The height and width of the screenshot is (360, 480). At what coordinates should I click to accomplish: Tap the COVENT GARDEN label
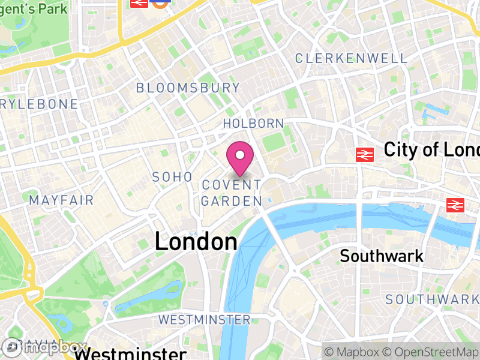(x=232, y=193)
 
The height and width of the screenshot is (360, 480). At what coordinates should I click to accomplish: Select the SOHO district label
(x=172, y=177)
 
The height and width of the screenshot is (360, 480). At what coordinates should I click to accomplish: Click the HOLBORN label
(x=253, y=124)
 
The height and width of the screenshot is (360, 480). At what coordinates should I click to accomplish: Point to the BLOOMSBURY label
(x=188, y=88)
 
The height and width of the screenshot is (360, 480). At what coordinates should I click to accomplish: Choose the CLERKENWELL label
(x=351, y=58)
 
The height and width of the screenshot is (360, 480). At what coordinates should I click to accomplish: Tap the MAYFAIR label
(x=61, y=200)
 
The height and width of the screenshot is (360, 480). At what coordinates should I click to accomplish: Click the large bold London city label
(x=196, y=242)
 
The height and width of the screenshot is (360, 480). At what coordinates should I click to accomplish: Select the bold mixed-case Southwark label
(x=382, y=256)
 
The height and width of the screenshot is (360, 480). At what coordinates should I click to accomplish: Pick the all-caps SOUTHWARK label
(x=432, y=299)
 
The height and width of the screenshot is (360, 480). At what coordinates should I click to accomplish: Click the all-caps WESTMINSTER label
(x=205, y=319)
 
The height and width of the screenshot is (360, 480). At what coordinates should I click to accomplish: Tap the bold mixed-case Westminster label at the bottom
(x=131, y=352)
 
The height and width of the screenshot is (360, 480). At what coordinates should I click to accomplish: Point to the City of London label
(x=431, y=149)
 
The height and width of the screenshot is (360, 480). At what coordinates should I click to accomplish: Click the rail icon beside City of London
(x=364, y=154)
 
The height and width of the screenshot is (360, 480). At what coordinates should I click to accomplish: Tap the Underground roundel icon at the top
(x=160, y=2)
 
